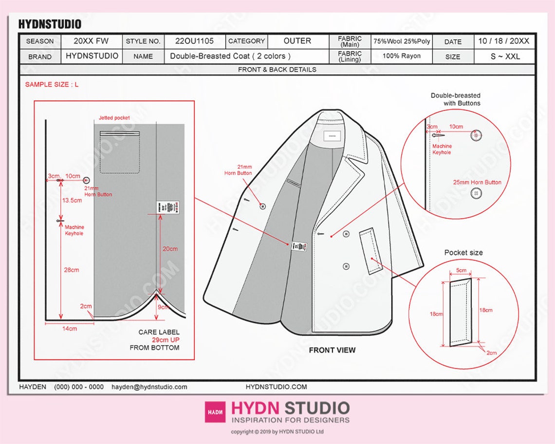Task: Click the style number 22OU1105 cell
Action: pos(194,41)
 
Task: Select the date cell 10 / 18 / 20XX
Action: pos(503,41)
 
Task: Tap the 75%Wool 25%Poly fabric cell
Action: pos(402,41)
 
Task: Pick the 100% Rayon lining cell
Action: pos(402,56)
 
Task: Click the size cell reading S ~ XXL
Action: pos(505,56)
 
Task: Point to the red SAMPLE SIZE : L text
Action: pos(52,85)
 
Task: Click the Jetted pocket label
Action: pos(114,118)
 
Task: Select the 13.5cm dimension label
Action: pos(72,200)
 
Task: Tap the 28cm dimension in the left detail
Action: pos(71,270)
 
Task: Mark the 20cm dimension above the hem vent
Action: pos(170,249)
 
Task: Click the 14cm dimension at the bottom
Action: pos(69,329)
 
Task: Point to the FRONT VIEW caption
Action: pos(332,350)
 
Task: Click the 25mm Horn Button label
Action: pos(477,183)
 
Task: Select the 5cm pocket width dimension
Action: pos(461,271)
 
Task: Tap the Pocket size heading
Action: pos(463,253)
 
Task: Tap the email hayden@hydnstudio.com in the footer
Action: pos(149,387)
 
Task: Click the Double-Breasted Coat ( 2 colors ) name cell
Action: pos(230,56)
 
